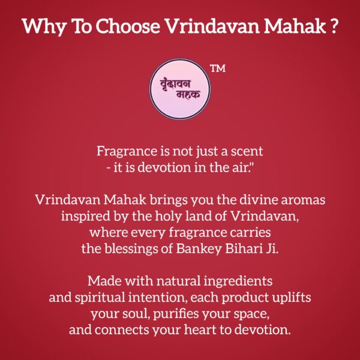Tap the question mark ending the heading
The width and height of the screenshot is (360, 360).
click(x=333, y=27)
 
